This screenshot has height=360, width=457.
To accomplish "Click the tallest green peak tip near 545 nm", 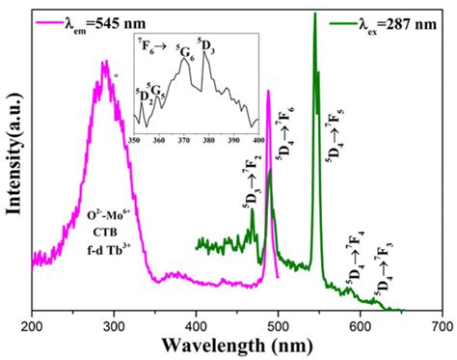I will (314, 14).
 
